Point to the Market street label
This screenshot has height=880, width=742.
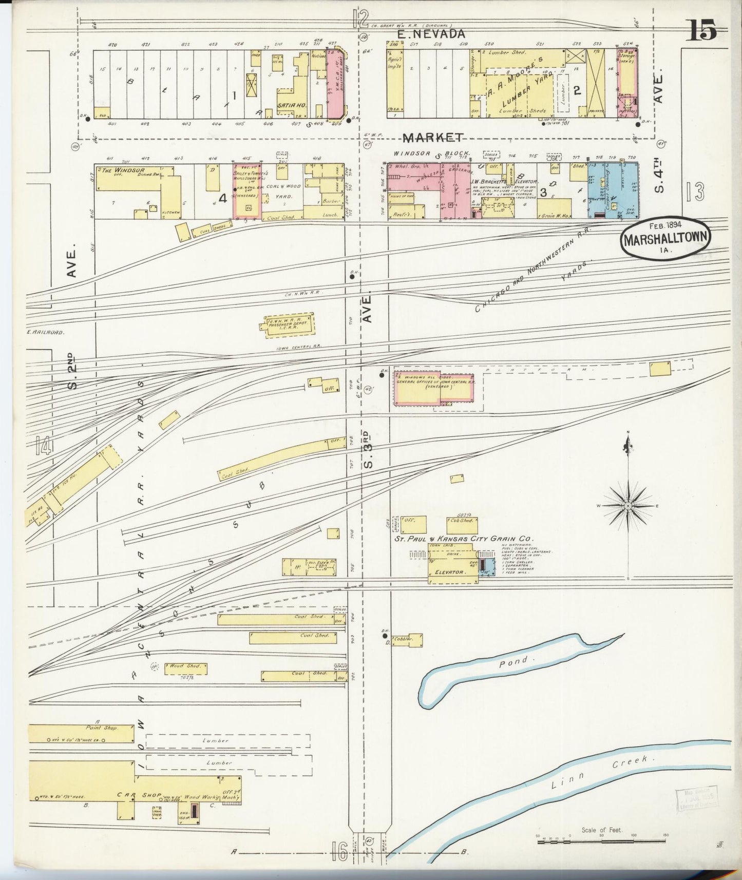tap(433, 137)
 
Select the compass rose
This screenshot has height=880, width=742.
tap(627, 505)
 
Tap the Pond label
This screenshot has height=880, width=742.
tap(514, 662)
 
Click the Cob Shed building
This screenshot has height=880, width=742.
tap(462, 523)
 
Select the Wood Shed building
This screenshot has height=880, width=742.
tap(186, 668)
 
